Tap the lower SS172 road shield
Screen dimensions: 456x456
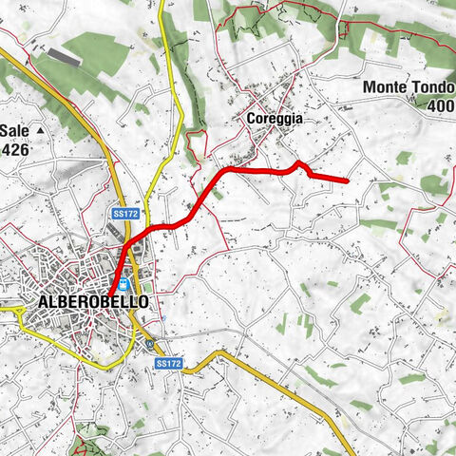click(x=167, y=363)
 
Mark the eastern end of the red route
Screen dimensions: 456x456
click(x=349, y=180)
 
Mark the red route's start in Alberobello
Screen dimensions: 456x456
click(x=109, y=294)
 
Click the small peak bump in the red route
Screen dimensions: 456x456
click(x=298, y=163)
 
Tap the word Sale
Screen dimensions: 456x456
click(x=15, y=130)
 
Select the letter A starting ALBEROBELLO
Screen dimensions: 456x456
click(x=44, y=301)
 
